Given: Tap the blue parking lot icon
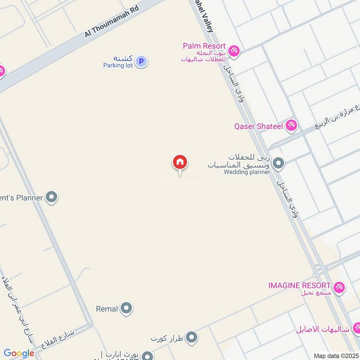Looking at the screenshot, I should click(x=141, y=61).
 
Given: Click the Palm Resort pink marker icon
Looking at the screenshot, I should click(x=234, y=51).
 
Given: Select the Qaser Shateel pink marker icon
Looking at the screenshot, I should click(x=292, y=126).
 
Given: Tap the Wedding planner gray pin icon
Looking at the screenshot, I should click(x=279, y=163).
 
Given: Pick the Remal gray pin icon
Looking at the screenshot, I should click(x=127, y=309).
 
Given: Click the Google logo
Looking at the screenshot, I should click(x=19, y=353).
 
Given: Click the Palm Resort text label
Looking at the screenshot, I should click(x=204, y=46).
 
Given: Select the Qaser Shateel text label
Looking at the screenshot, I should click(x=258, y=126).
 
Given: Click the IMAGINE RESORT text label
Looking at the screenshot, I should click(x=299, y=285).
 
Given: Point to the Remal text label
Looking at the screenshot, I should click(x=107, y=309).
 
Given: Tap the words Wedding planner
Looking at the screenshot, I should click(x=247, y=171).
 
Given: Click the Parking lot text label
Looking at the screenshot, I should click(x=117, y=65).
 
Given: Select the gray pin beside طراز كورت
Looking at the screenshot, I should click(x=192, y=337).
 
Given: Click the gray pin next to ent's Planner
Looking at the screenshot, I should click(x=52, y=197).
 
